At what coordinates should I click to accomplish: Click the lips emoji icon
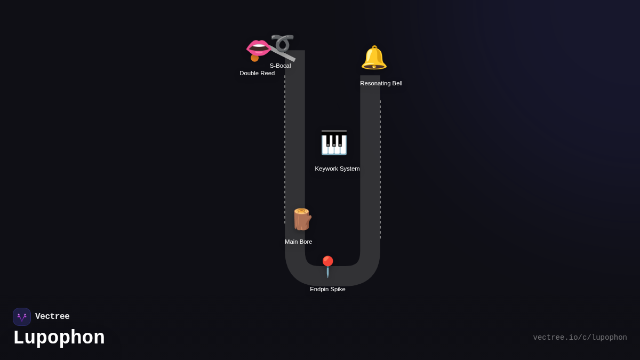[x=259, y=47]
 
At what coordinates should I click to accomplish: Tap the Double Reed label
[x=257, y=73]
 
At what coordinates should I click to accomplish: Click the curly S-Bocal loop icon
[x=282, y=43]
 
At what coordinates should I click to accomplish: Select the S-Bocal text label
[x=280, y=66]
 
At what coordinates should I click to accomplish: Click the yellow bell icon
[x=374, y=58]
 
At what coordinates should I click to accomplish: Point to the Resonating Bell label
[x=381, y=83]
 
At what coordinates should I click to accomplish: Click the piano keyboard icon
[x=334, y=143]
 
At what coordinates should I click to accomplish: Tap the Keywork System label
[x=337, y=169]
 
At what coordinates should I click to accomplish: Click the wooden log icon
[x=301, y=219]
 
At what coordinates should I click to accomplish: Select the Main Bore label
[x=298, y=242]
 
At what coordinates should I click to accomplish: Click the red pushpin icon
[x=327, y=266]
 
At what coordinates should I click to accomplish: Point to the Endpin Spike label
[x=327, y=289]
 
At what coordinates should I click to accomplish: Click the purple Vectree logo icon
[x=22, y=317]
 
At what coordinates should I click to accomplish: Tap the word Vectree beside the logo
[x=52, y=317]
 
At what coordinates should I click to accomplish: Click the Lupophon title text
[x=59, y=338]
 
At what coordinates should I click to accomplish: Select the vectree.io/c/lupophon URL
[x=580, y=338]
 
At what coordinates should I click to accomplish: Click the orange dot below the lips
[x=254, y=58]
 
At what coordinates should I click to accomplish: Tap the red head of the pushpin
[x=327, y=261]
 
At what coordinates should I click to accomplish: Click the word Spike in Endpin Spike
[x=337, y=289]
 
